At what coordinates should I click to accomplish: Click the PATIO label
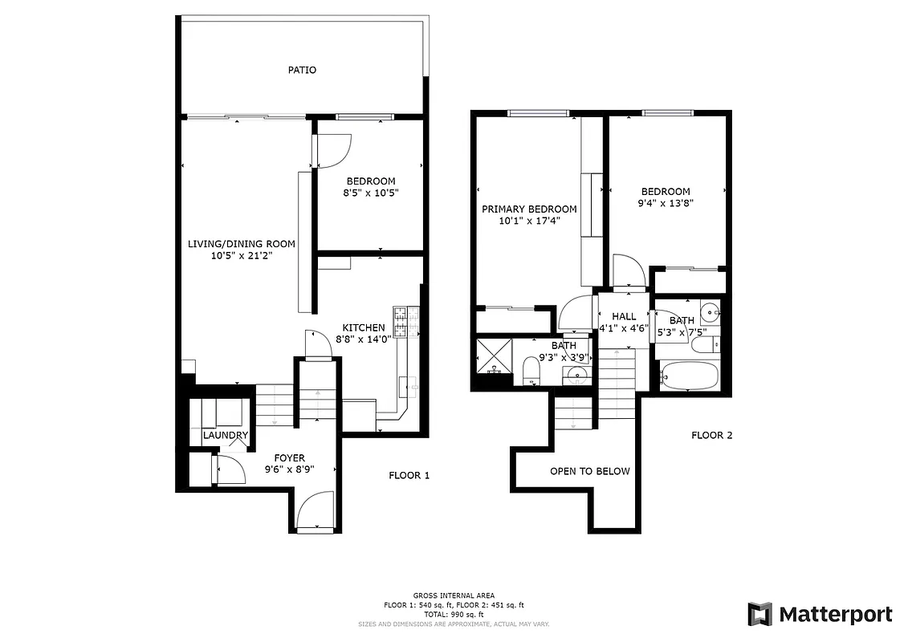click(302, 70)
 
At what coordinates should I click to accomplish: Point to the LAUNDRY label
click(225, 436)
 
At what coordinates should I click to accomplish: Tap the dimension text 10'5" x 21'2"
click(242, 256)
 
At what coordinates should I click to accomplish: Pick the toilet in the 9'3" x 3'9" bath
click(531, 372)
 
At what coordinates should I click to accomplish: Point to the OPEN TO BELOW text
click(590, 471)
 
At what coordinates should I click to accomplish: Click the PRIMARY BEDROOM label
click(529, 209)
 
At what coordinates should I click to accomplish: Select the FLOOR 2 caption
click(712, 436)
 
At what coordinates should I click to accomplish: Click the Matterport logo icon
click(759, 614)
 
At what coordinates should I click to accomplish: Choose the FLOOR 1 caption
click(409, 475)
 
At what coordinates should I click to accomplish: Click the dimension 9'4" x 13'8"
click(666, 203)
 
